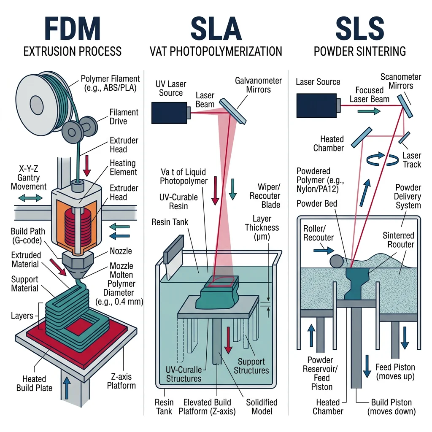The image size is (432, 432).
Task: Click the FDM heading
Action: click(72, 29)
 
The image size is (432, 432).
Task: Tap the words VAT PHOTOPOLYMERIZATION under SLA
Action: click(216, 51)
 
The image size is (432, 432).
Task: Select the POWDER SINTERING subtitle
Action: click(360, 51)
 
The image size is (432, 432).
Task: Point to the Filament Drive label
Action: click(124, 117)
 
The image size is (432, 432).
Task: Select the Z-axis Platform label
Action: click(121, 381)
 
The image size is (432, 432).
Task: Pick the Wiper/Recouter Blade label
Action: click(265, 196)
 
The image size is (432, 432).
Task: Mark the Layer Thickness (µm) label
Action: click(265, 228)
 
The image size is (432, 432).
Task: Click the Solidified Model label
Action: click(262, 407)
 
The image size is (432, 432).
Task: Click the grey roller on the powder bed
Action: click(336, 260)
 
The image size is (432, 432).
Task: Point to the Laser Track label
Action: click(412, 160)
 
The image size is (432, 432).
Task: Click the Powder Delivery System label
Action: click(408, 196)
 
